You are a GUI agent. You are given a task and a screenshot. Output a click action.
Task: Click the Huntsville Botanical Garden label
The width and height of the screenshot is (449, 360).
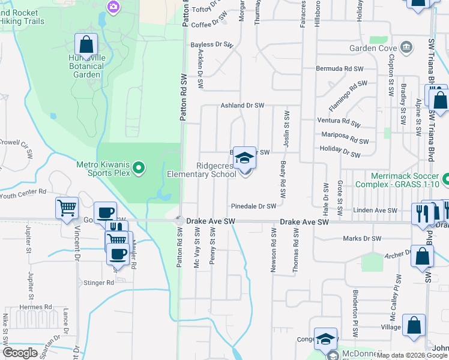click(x=86, y=66)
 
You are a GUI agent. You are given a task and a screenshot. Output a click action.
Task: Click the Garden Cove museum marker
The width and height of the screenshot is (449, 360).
click(x=406, y=47)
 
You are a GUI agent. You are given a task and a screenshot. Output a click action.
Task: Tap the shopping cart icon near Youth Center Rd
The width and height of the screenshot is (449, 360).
click(x=67, y=208)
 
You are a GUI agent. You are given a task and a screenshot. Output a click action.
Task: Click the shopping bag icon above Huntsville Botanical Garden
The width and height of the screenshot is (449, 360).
click(x=86, y=44)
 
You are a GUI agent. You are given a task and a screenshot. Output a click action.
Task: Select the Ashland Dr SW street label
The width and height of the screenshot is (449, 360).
click(x=242, y=106)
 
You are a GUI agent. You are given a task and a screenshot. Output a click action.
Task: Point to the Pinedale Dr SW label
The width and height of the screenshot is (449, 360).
click(x=253, y=206)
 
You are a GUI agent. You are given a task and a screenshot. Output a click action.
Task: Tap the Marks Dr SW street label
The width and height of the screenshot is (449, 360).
click(x=362, y=239)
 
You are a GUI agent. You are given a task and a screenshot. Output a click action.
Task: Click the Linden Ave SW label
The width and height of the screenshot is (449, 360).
click(x=376, y=211)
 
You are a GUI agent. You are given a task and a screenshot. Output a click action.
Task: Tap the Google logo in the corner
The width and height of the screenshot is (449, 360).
click(x=20, y=353)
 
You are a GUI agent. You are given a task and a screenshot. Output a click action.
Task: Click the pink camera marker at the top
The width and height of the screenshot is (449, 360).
click(x=113, y=7)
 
